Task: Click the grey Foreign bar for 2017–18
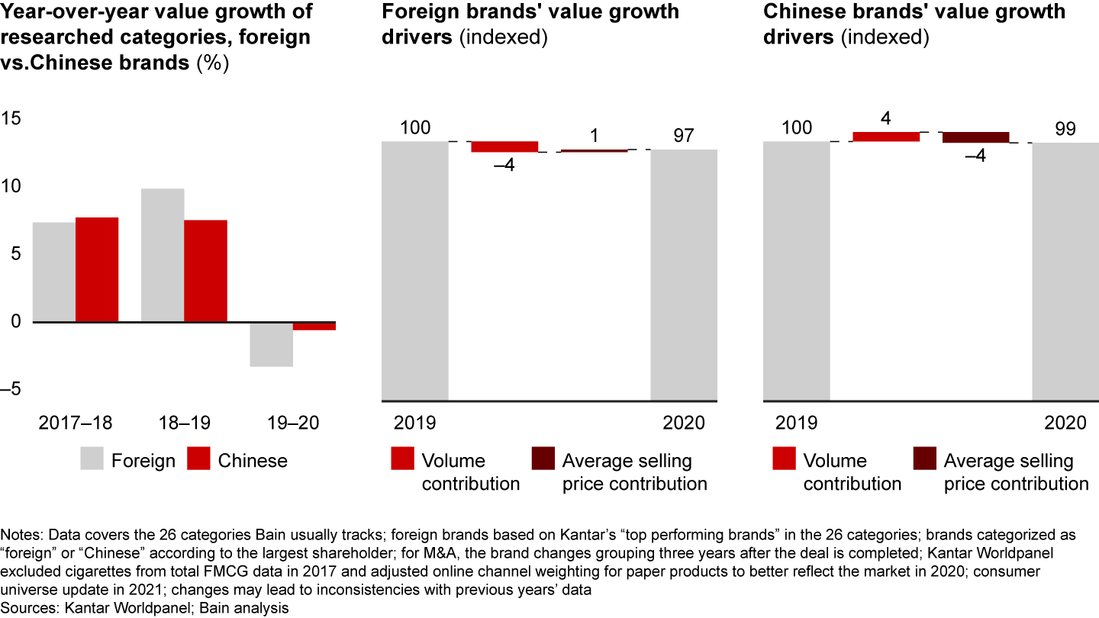point(54,272)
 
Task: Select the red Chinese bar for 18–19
point(205,271)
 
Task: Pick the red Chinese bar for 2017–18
point(97,269)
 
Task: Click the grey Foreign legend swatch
point(91,459)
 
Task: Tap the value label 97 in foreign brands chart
point(684,136)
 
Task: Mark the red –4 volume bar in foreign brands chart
point(504,147)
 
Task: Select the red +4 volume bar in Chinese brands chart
point(886,137)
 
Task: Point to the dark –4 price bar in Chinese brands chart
point(975,137)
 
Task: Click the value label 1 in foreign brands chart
point(595,134)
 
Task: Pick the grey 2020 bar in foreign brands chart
point(684,275)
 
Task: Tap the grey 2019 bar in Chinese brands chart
point(797,271)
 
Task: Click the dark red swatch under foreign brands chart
point(543,459)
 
